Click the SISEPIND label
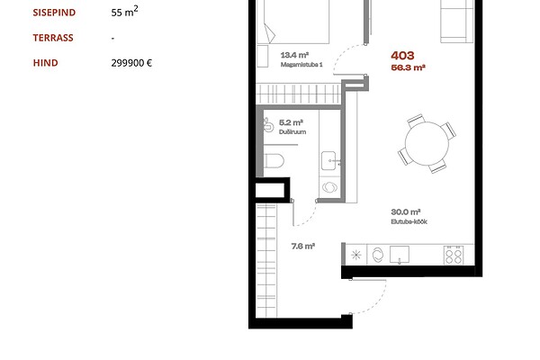pyautogui.click(x=54, y=13)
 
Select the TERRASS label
pyautogui.click(x=53, y=38)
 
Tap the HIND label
pyautogui.click(x=46, y=63)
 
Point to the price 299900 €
pyautogui.click(x=131, y=63)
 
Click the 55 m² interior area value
pyautogui.click(x=125, y=12)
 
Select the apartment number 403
pyautogui.click(x=402, y=56)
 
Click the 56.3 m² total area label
pyautogui.click(x=408, y=67)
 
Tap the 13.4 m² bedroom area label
pyautogui.click(x=294, y=55)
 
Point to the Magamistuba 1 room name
pyautogui.click(x=301, y=65)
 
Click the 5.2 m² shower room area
pyautogui.click(x=291, y=122)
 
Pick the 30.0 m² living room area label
pyautogui.click(x=406, y=211)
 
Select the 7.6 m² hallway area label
pyautogui.click(x=303, y=247)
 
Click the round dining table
pyautogui.click(x=427, y=143)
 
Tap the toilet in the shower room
pyautogui.click(x=274, y=161)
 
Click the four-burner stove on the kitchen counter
pyautogui.click(x=454, y=255)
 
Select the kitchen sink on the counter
pyautogui.click(x=400, y=255)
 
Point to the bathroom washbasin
pyautogui.click(x=329, y=161)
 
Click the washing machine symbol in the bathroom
pyautogui.click(x=329, y=187)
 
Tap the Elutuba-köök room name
pyautogui.click(x=409, y=222)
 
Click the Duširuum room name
pyautogui.click(x=292, y=132)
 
